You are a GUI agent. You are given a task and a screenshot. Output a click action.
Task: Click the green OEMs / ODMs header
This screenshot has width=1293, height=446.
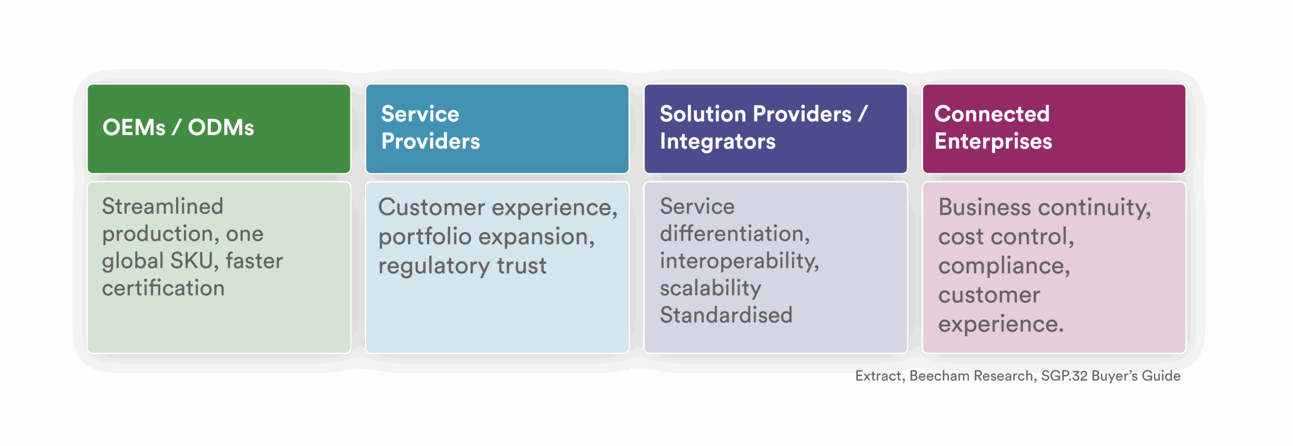click(219, 129)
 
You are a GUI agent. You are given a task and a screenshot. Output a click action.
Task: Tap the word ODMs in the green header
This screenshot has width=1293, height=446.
click(221, 127)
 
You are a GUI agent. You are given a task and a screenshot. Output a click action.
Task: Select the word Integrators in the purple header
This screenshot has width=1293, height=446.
click(717, 142)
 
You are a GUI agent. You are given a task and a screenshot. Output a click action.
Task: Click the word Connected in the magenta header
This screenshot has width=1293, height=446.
click(991, 114)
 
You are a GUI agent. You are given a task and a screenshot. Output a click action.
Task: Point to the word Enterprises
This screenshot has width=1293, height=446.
click(993, 142)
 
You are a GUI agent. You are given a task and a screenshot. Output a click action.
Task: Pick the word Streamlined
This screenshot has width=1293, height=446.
click(162, 206)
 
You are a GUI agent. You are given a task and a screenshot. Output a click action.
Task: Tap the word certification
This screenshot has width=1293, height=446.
click(163, 288)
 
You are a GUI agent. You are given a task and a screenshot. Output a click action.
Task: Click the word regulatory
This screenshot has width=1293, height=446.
click(434, 266)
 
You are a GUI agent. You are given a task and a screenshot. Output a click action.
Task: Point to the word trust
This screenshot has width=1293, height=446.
click(521, 266)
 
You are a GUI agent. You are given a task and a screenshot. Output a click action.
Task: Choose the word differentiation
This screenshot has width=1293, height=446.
click(734, 234)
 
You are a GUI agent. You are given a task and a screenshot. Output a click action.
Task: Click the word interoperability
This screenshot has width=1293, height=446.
click(739, 261)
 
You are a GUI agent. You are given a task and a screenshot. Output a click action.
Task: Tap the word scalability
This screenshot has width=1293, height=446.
click(710, 288)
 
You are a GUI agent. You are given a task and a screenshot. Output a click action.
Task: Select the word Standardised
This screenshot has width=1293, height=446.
click(726, 315)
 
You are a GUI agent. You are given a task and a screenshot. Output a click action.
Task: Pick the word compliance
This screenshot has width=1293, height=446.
click(1004, 266)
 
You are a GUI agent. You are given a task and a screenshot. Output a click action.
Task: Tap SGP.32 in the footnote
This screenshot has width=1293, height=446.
click(1064, 376)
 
